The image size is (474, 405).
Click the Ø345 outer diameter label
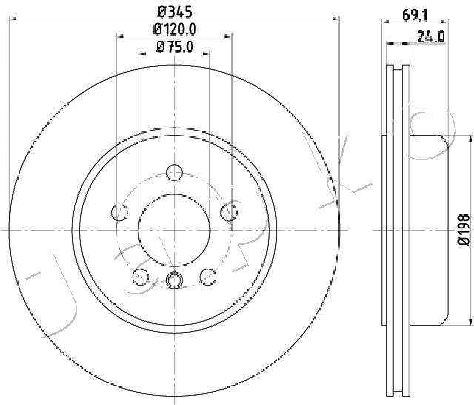coord(175,13)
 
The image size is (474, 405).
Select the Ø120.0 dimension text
coord(175,30)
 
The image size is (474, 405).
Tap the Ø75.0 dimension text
coord(175,47)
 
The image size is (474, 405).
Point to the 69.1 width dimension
coord(415,16)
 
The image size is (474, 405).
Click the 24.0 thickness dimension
coord(431,37)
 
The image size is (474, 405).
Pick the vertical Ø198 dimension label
coord(464,229)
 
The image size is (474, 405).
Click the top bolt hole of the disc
coord(175,173)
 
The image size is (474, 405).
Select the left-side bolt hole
coord(119,212)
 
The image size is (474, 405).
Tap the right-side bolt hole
coord(229,212)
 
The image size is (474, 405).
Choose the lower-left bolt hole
coord(141,277)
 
